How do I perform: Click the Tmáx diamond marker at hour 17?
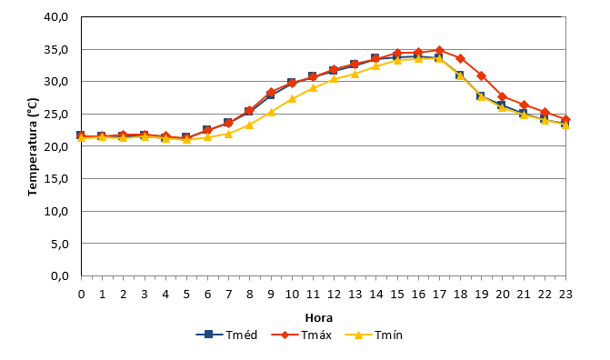click(440, 50)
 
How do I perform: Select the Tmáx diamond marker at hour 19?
click(482, 75)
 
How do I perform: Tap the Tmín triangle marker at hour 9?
click(271, 113)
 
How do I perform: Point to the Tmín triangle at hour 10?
click(292, 99)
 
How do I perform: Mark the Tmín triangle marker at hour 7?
click(229, 134)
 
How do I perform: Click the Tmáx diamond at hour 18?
click(461, 59)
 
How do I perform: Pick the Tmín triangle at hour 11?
click(313, 88)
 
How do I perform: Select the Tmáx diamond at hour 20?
click(503, 96)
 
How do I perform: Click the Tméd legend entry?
click(226, 335)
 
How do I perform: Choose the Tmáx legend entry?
click(301, 335)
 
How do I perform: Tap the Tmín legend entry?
click(374, 335)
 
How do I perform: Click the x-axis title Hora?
click(318, 318)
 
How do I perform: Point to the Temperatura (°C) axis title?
click(33, 146)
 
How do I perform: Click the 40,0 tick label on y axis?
click(56, 17)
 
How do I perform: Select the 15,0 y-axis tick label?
click(56, 179)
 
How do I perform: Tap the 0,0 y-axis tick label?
click(59, 276)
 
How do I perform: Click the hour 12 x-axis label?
click(335, 295)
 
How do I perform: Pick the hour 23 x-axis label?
click(565, 295)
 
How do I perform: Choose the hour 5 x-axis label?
click(186, 295)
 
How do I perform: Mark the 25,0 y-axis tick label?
click(56, 115)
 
